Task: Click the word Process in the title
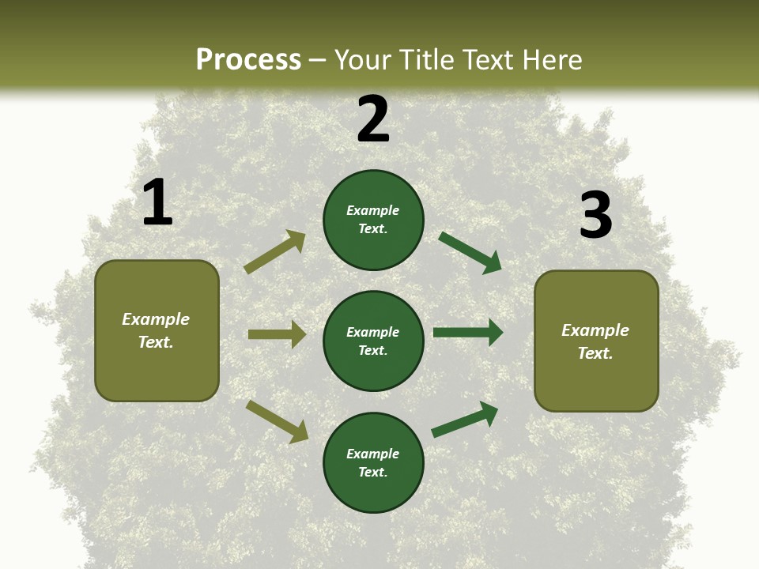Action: (x=248, y=60)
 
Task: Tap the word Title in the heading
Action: (x=425, y=60)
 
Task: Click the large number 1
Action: (x=157, y=202)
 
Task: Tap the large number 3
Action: (x=595, y=215)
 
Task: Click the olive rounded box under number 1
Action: (x=157, y=330)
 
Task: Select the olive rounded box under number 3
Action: (x=596, y=341)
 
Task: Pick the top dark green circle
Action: (x=373, y=220)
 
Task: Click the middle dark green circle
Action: (x=373, y=341)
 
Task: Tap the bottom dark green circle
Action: (x=373, y=462)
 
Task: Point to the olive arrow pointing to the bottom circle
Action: (x=277, y=421)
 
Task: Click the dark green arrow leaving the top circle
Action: (x=470, y=253)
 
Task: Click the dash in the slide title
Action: (x=318, y=61)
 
